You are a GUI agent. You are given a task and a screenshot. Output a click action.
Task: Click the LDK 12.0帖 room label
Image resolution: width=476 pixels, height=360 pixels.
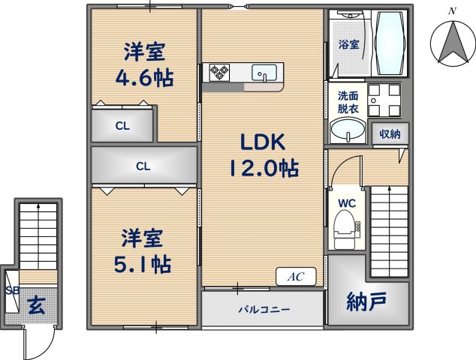pos(263,155)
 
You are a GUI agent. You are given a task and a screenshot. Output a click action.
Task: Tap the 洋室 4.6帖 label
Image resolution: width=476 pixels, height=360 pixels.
pos(144,65)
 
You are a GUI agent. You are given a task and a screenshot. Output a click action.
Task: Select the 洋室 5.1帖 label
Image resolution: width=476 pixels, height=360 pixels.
pos(143,251)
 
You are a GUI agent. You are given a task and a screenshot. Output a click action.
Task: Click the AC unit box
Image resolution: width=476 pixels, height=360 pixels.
pos(296,277)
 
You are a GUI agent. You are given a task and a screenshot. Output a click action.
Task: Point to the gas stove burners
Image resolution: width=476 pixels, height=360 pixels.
pos(219,72)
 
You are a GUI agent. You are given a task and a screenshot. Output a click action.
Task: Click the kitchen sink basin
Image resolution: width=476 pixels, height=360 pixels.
pos(264,73)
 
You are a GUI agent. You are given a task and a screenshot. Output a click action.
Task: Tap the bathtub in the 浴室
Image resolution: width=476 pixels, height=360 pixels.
pos(390,42)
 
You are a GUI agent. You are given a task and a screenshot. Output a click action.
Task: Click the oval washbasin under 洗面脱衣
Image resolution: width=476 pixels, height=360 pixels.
pos(348,130)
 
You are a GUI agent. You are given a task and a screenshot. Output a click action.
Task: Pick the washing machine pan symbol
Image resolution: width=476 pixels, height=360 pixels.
pos(384,100)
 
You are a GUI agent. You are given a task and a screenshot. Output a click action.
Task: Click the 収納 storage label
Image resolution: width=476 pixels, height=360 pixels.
pos(390,133)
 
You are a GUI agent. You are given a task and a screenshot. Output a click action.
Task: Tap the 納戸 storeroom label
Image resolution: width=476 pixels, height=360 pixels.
pos(366,301)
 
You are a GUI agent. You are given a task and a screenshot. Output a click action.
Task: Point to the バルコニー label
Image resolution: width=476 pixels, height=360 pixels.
pos(264,310)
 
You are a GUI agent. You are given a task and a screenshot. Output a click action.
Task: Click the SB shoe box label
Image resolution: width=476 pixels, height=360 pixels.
pos(13,290)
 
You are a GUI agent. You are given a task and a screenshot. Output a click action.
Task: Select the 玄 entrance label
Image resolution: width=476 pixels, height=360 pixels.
pos(37,305)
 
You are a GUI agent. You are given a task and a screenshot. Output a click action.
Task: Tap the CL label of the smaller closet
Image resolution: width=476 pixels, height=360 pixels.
pos(122,126)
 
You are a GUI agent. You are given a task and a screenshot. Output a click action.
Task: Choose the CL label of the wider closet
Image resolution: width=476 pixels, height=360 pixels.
pos(143,166)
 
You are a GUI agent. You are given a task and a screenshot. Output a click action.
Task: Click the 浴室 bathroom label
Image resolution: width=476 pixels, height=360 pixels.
pos(349,44)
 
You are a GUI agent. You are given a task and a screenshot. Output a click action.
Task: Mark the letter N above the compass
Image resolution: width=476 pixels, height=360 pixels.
pos(453,11)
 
